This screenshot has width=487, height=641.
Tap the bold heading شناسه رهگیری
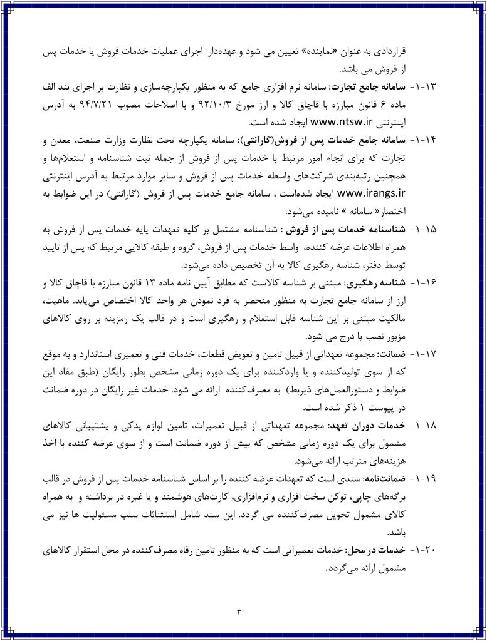click(390, 281)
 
